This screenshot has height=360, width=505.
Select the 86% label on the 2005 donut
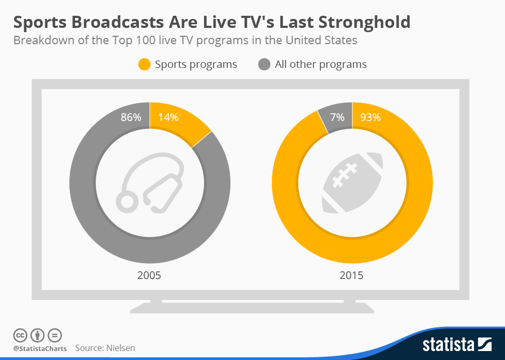131,117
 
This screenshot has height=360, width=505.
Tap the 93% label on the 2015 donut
370,117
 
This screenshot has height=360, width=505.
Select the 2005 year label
149,275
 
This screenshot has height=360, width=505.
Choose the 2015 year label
351,275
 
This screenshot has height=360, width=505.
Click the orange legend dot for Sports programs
145,64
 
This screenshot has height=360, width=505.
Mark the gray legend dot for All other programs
265,64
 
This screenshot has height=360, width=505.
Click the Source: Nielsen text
105,348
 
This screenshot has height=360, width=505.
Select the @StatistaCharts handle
40,348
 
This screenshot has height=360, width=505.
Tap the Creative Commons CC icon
20,335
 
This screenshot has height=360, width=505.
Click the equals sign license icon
55,335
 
